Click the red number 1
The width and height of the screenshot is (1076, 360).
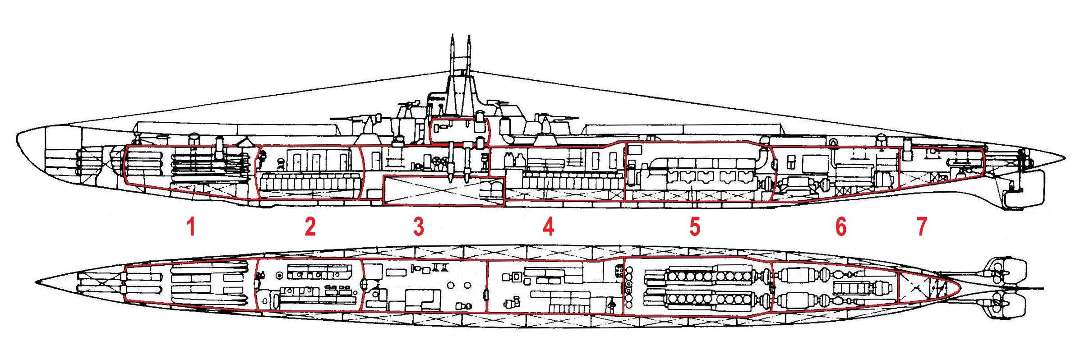[x=191, y=226]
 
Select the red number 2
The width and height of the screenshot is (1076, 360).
[x=310, y=226]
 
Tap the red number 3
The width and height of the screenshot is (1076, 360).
[x=419, y=226]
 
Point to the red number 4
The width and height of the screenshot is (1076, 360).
[x=548, y=226]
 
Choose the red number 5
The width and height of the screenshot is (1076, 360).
[x=695, y=226]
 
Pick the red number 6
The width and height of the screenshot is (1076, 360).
[x=841, y=226]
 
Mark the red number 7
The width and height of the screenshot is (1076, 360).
[x=921, y=226]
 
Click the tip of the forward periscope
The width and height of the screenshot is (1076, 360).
[x=452, y=35]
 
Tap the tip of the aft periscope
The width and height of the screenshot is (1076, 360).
[x=468, y=35]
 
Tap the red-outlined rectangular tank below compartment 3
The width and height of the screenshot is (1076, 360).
[x=443, y=190]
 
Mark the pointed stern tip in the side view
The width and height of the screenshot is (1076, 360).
[x=1065, y=158]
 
